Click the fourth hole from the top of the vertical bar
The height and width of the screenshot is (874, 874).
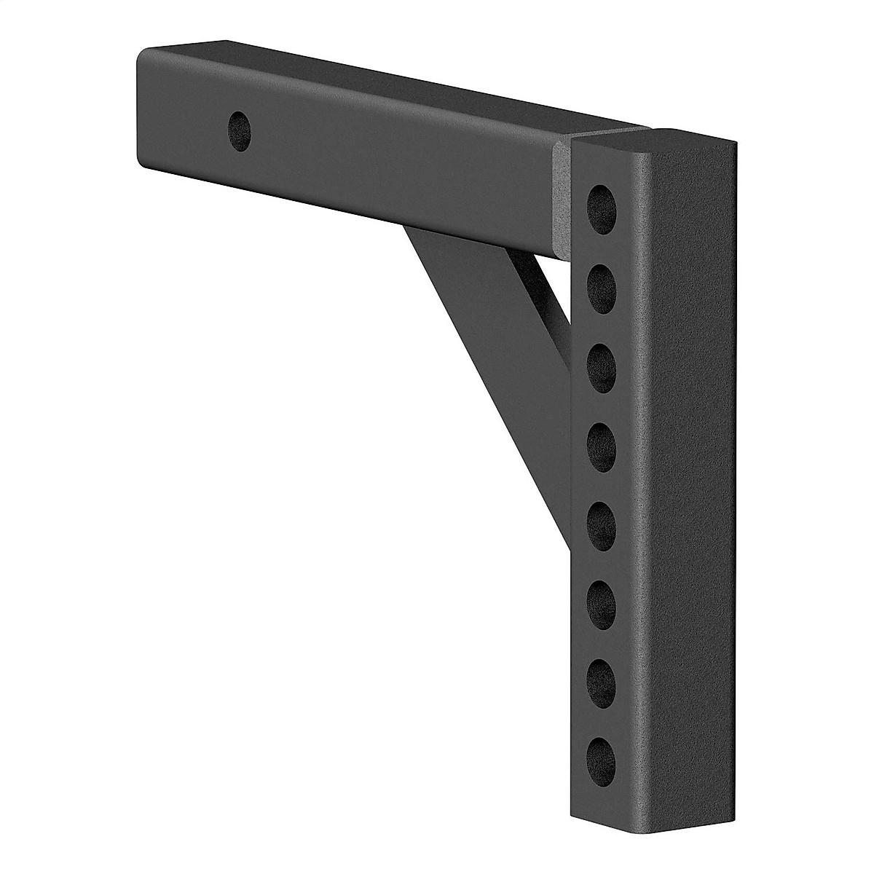pos(602,439)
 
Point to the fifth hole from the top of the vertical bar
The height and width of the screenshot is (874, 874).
pos(602,518)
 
